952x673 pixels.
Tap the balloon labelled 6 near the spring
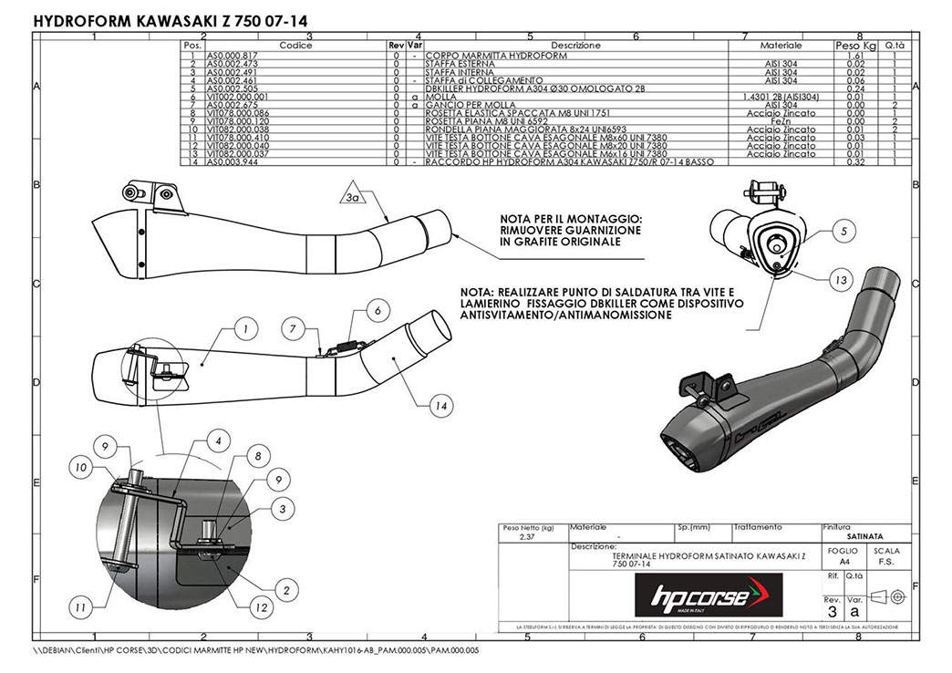click(376, 310)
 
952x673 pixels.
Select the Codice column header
click(295, 45)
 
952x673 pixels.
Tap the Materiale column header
click(781, 45)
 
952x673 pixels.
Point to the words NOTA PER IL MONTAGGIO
click(571, 220)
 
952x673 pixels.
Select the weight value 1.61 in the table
click(854, 56)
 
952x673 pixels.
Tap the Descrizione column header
click(575, 45)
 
